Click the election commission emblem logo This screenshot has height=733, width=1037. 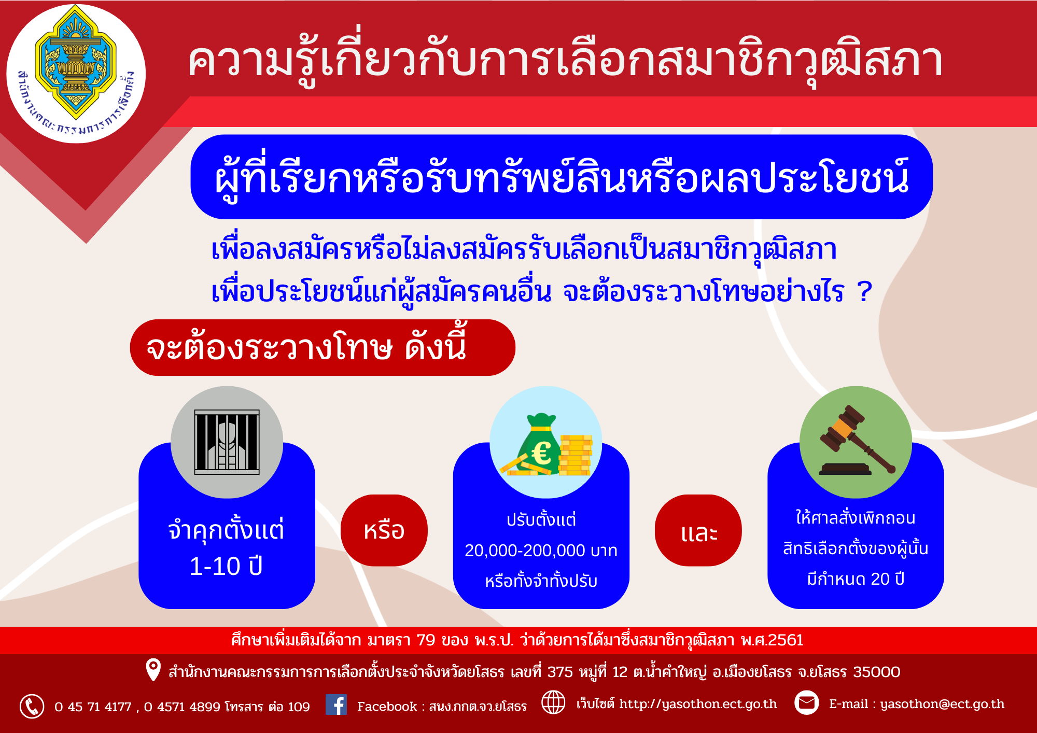click(x=76, y=74)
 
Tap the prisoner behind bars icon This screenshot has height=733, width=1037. click(x=227, y=442)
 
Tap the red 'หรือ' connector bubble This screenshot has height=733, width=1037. click(x=384, y=530)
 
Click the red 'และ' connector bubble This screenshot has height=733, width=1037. click(x=698, y=530)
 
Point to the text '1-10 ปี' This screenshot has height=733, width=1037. click(x=226, y=566)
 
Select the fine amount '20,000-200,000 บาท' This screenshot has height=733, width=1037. click(x=541, y=551)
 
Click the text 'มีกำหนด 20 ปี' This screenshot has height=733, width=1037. click(x=856, y=579)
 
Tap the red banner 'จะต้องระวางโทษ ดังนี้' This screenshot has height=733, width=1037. click(x=323, y=347)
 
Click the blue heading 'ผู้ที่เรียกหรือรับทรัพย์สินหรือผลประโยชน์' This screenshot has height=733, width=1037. click(x=562, y=177)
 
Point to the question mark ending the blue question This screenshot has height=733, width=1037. click(x=864, y=291)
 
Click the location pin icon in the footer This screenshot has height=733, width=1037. click(x=153, y=670)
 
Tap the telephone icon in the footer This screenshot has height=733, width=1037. click(x=32, y=706)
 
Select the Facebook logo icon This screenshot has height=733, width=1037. click(x=336, y=704)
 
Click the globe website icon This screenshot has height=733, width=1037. click(x=553, y=702)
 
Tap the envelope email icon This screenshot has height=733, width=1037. click(x=806, y=702)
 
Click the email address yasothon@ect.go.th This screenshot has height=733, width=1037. click(x=942, y=704)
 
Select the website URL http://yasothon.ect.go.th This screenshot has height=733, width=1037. click(x=698, y=704)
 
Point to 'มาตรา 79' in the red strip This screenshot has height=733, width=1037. click(x=401, y=640)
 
